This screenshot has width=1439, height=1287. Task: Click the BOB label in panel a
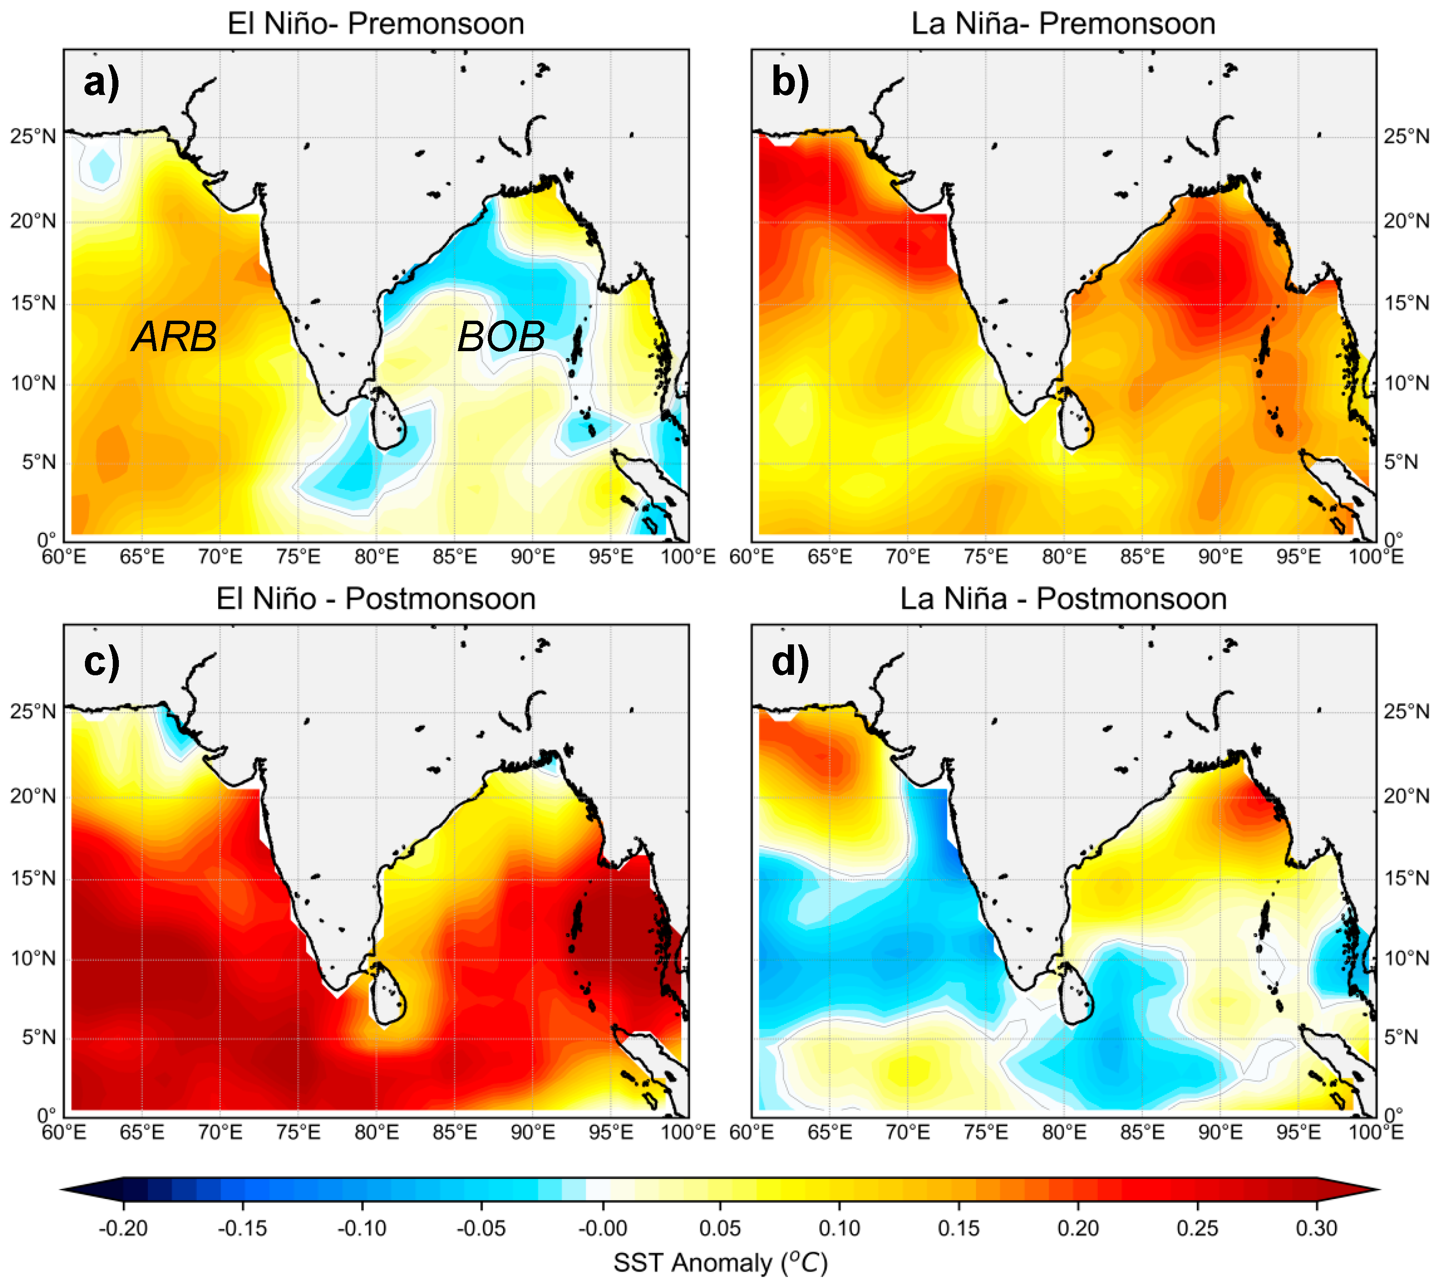click(x=501, y=337)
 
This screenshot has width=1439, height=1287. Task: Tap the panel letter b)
click(x=790, y=83)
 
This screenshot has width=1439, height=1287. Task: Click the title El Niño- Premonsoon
click(x=375, y=24)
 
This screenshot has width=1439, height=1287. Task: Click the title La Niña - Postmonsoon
click(x=1063, y=599)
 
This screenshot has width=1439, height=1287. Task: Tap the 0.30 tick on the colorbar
click(x=1316, y=1228)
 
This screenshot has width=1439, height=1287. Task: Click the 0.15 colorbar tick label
click(x=959, y=1228)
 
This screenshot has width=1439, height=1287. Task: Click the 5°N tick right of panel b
click(x=1400, y=462)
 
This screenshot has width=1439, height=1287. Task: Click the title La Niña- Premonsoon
click(x=1063, y=24)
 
